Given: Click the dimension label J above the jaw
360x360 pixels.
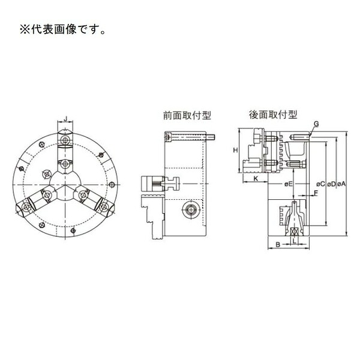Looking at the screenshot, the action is click(x=65, y=119).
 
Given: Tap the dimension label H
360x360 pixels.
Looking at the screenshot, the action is click(x=235, y=151).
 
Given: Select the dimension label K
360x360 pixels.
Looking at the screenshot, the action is click(x=256, y=178).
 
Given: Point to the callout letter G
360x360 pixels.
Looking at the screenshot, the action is click(x=316, y=124).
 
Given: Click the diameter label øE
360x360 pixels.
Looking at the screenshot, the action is click(x=288, y=184).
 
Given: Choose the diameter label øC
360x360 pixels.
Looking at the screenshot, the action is click(x=320, y=184).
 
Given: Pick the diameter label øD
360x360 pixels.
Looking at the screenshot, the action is click(x=331, y=184).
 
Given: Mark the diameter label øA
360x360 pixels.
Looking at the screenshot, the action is click(x=341, y=184).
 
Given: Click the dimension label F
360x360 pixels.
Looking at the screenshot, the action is click(x=316, y=193).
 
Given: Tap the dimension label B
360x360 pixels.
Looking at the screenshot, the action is click(x=278, y=245).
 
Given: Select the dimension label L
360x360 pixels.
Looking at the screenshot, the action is click(x=295, y=241).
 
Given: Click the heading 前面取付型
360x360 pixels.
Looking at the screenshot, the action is click(x=187, y=115).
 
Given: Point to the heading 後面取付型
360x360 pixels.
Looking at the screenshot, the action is click(x=273, y=115).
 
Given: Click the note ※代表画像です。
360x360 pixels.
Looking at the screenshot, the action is click(x=62, y=29).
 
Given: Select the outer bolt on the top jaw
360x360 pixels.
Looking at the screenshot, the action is click(x=65, y=139).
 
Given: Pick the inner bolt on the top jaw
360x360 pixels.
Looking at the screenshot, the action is click(x=65, y=164).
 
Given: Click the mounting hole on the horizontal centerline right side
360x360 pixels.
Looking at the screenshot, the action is click(x=112, y=184).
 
